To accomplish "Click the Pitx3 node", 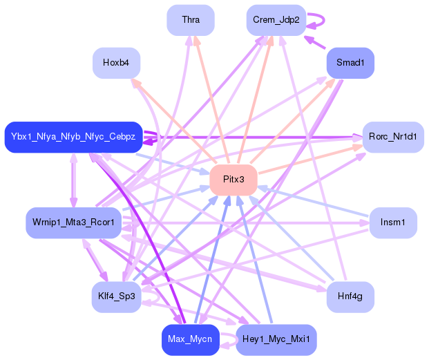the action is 233,180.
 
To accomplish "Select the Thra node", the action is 191,20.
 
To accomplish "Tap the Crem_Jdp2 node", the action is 276,20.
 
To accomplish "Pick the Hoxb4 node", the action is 116,63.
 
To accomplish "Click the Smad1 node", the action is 350,63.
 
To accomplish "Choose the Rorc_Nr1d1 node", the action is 393,137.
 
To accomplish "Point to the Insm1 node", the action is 393,222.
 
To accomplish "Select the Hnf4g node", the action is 350,297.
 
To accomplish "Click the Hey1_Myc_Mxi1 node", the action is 276,340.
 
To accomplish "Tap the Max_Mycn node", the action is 191,340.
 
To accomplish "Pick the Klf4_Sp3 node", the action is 116,297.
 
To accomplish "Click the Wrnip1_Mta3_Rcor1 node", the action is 73,222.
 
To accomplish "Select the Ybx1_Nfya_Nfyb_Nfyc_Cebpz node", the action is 73,137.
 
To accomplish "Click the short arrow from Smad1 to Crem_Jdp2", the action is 314,42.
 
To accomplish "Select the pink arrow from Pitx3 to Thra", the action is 211,100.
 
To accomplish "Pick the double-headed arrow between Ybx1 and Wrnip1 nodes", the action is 73,180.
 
